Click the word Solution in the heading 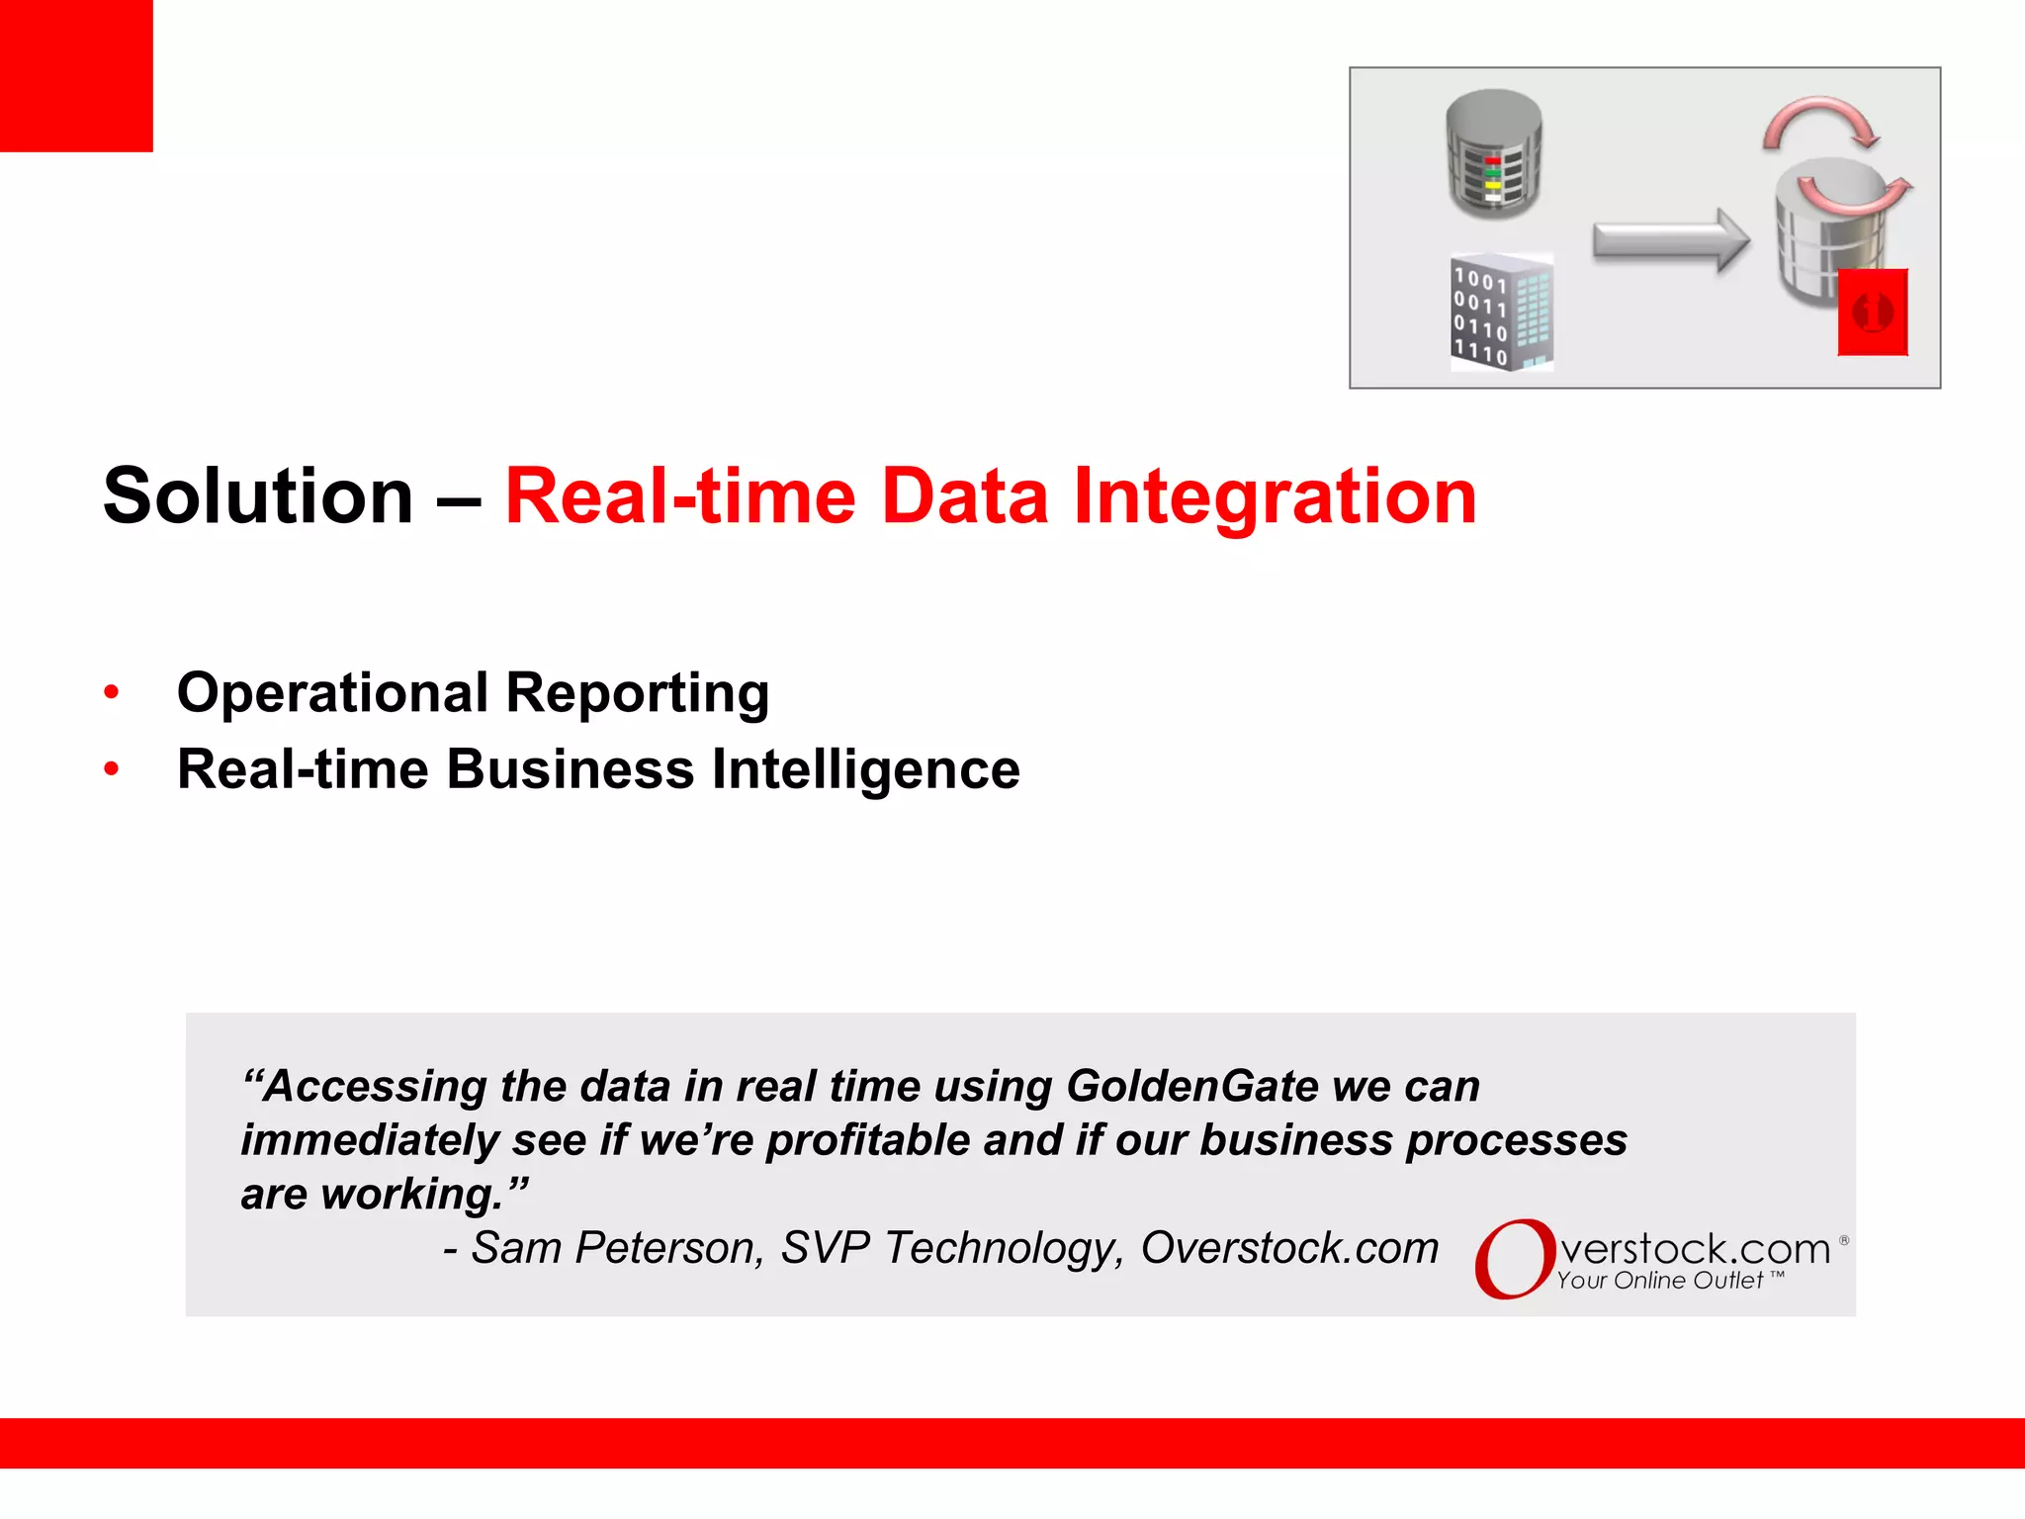(x=258, y=496)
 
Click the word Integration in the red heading (x=1275, y=496)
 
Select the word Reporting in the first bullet (x=638, y=692)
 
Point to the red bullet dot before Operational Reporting (x=112, y=692)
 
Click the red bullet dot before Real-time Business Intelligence (x=112, y=768)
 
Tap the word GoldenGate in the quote (x=1192, y=1086)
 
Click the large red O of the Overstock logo (x=1513, y=1258)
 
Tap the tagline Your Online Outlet (x=1661, y=1281)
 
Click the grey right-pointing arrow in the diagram (x=1671, y=240)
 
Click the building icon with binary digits (x=1501, y=313)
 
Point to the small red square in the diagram (x=1872, y=312)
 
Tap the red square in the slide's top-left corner (x=76, y=75)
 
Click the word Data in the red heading (x=964, y=496)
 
